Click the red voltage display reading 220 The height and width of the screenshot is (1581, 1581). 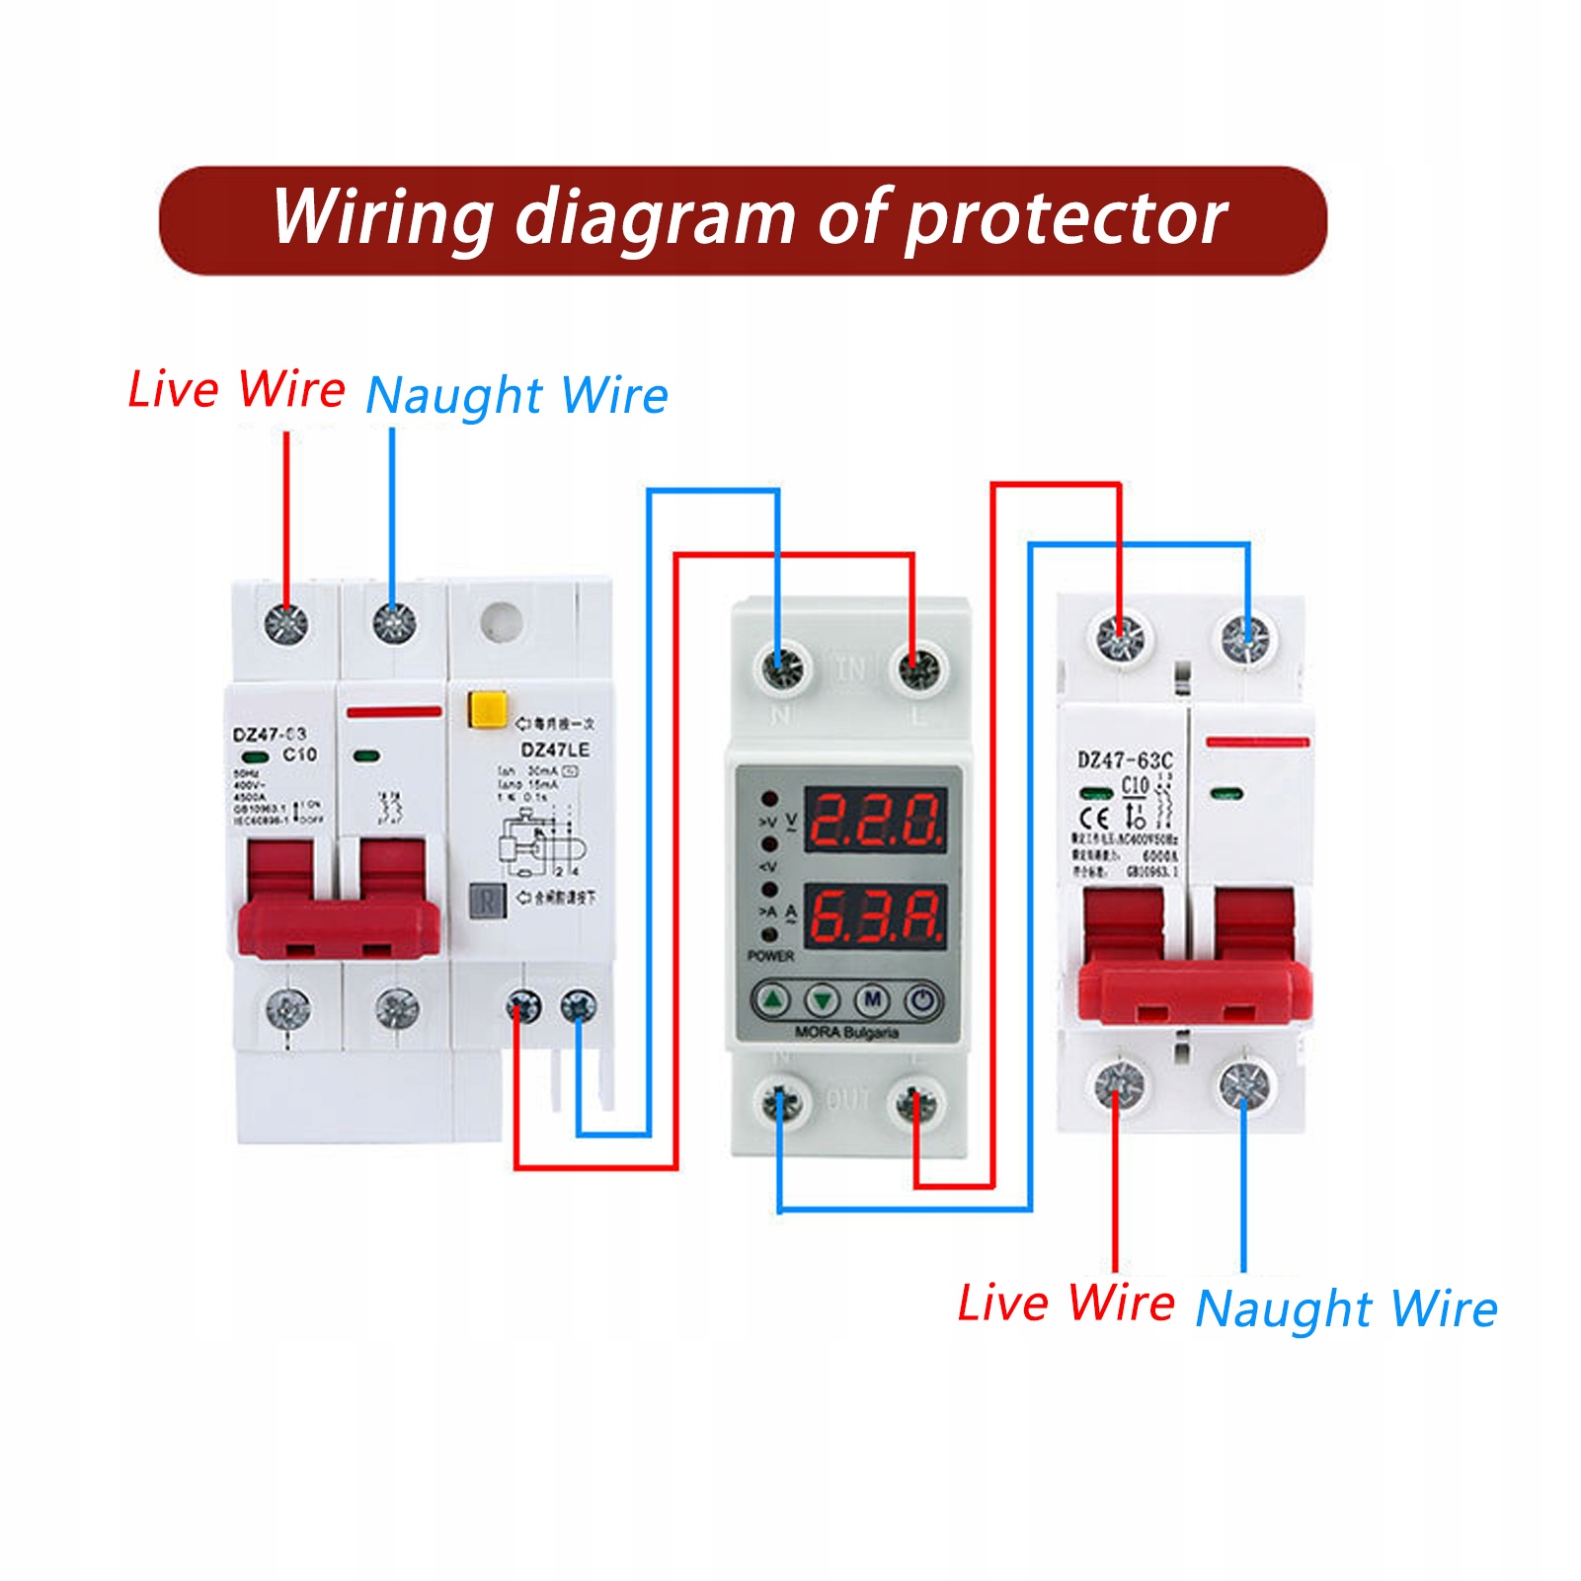coord(876,820)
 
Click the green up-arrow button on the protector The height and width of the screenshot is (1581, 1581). coord(772,1000)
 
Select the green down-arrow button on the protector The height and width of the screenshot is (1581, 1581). coord(822,1000)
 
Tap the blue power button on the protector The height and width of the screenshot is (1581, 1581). coord(922,1000)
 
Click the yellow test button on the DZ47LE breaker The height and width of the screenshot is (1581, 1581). coord(487,709)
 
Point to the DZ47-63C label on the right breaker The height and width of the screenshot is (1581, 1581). coord(1125,759)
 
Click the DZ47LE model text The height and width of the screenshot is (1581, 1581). coord(555,751)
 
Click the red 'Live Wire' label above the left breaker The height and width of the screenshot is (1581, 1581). coord(237,389)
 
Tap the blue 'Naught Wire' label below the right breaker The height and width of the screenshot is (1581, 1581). coord(1346,1308)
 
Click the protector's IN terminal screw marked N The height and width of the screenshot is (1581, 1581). coord(781,670)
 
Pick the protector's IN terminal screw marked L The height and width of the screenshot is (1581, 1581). coord(918,670)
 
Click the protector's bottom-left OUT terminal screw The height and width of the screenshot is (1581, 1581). coord(781,1103)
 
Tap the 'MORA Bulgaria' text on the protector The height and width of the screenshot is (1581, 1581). coord(846,1033)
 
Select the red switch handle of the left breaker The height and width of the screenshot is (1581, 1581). coord(339,913)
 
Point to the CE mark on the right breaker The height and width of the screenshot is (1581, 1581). coord(1094,818)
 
